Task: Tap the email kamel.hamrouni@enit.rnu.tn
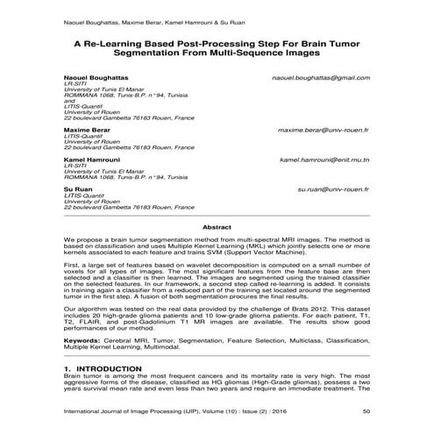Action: [323, 161]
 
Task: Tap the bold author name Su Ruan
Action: [77, 189]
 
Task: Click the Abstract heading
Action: [217, 227]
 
